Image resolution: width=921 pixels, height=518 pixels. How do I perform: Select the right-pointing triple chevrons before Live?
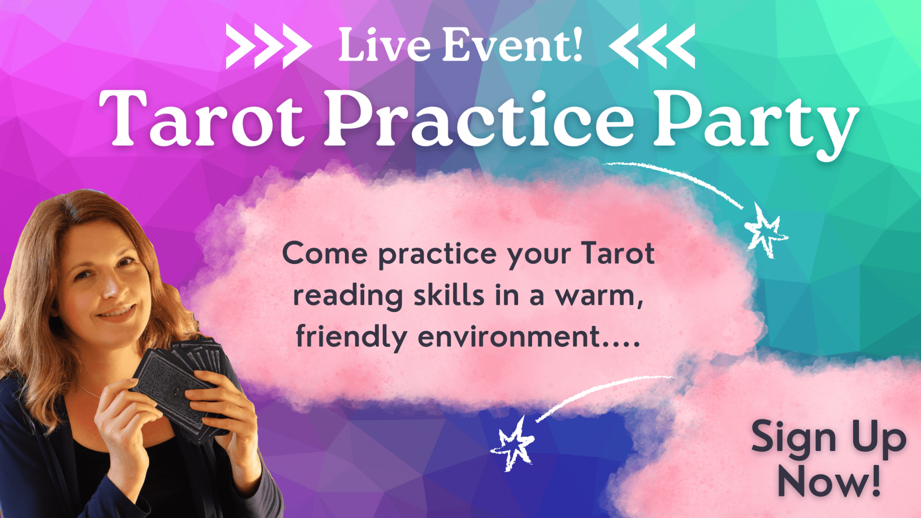coord(268,46)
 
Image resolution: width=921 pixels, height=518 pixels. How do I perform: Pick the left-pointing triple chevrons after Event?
coord(652,46)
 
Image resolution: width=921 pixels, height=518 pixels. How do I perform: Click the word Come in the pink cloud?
coord(325,254)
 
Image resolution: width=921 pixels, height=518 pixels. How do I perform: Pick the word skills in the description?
coord(449,296)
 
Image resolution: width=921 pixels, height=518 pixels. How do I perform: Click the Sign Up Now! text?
coord(829,459)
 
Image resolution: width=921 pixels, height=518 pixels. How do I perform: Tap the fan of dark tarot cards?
coord(180,382)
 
